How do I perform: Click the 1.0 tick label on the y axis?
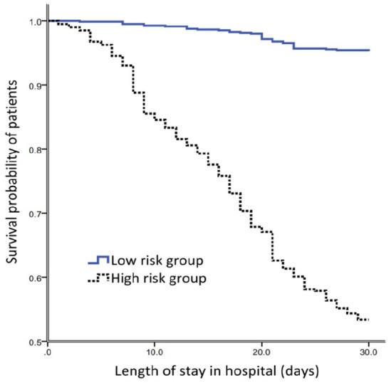(x=33, y=22)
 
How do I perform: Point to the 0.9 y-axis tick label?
(x=33, y=85)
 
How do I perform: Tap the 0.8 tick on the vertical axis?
(x=33, y=149)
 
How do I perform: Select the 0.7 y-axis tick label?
(x=33, y=214)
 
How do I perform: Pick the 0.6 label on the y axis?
(x=33, y=278)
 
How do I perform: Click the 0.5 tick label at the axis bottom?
(x=33, y=342)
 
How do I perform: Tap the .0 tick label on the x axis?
(x=47, y=352)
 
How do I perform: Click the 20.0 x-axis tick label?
(x=261, y=352)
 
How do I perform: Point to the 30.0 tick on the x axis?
(x=367, y=352)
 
